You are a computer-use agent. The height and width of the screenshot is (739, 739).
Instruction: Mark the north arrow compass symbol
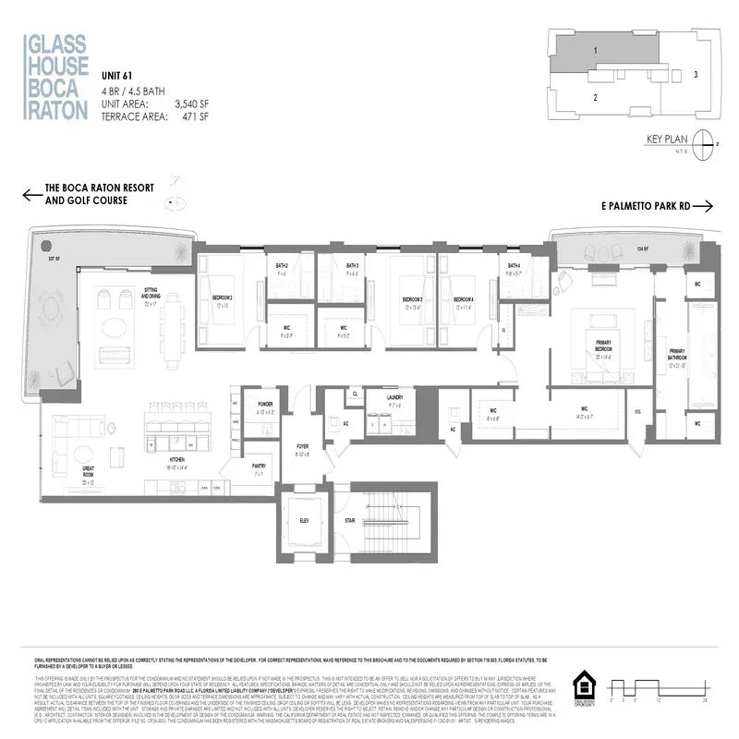pyautogui.click(x=707, y=142)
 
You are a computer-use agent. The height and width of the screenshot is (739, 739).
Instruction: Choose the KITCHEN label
pyautogui.click(x=179, y=459)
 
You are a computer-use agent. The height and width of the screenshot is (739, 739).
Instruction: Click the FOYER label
pyautogui.click(x=302, y=448)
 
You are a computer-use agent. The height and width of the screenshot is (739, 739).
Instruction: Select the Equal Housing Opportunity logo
pyautogui.click(x=585, y=689)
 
